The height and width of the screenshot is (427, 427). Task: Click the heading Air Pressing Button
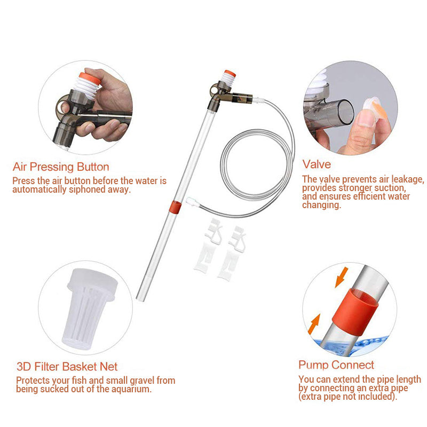(x=61, y=167)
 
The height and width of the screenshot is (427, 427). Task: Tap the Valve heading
(x=317, y=164)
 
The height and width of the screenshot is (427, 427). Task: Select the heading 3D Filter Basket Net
(x=67, y=367)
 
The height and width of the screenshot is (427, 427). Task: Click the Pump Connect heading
(x=336, y=365)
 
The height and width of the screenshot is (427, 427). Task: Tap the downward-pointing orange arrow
(x=342, y=277)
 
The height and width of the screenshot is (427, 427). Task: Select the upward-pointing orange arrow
(x=314, y=324)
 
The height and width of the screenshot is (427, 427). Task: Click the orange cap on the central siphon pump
(x=230, y=73)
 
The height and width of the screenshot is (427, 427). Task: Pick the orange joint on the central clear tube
(x=175, y=207)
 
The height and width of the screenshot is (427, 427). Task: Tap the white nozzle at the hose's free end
(x=191, y=202)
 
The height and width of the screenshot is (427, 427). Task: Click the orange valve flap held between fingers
(x=377, y=108)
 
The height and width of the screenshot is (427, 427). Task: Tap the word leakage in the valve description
(x=408, y=179)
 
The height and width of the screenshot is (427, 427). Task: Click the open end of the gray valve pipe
(x=346, y=112)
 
